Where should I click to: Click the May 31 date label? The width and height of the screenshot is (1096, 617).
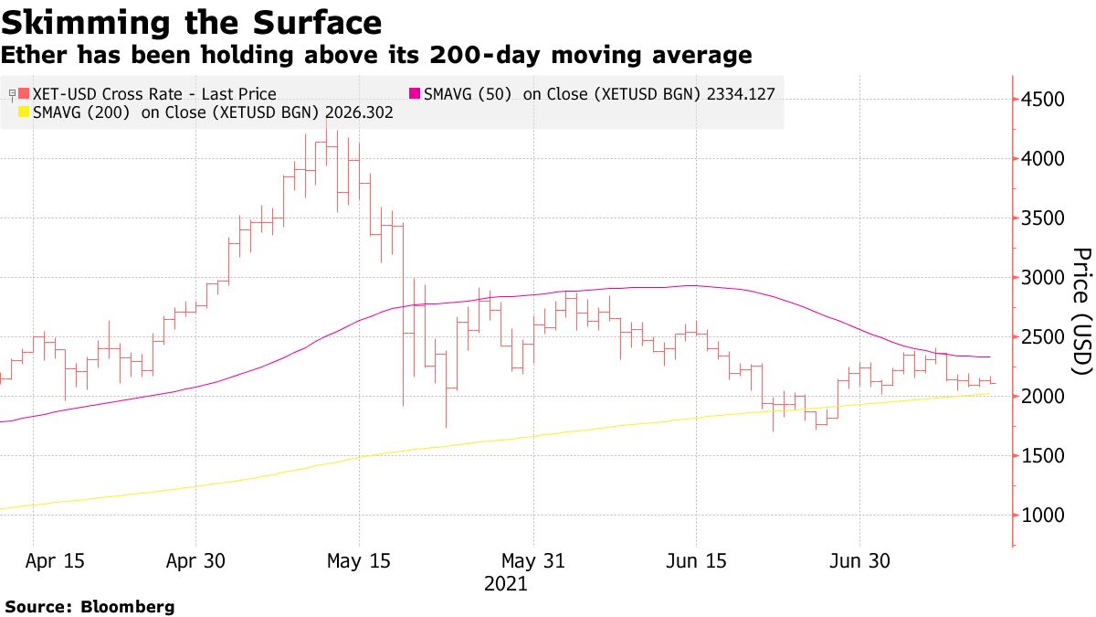pos(533,561)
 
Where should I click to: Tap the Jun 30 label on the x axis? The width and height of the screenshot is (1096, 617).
pos(859,561)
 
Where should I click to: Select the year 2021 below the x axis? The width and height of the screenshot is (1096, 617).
pos(505,584)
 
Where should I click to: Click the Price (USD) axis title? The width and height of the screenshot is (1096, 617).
pos(1081,311)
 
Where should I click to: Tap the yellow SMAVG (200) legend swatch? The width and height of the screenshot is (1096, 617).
pos(24,112)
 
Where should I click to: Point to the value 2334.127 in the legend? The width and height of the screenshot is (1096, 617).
pos(743,93)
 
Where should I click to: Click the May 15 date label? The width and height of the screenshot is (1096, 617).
pos(359,561)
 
